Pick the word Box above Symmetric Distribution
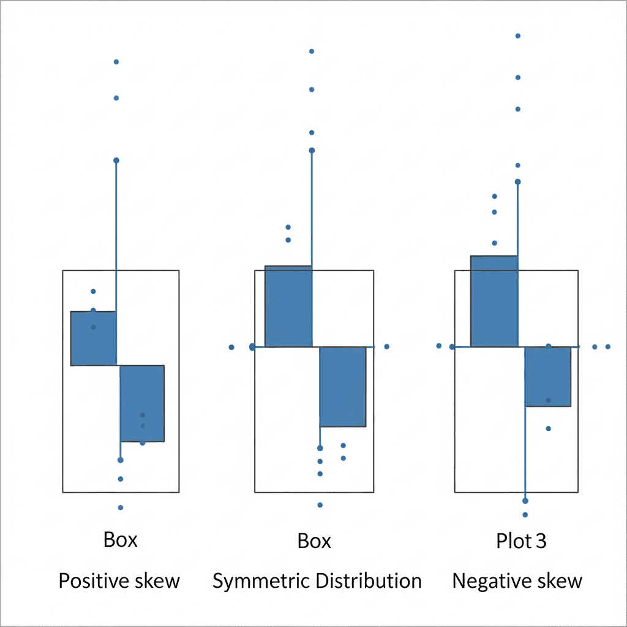(314, 541)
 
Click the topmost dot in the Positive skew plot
(116, 62)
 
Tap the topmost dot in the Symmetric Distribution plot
(312, 51)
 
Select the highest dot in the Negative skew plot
(518, 36)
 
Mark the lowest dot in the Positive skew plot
(121, 508)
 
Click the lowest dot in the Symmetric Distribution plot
(320, 505)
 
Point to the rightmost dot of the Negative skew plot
(608, 347)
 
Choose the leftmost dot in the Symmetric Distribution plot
(231, 347)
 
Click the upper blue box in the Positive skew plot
(94, 339)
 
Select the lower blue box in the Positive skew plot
(142, 403)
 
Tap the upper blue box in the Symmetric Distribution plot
(288, 306)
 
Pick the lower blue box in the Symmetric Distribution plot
(343, 386)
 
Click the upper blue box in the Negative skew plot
(494, 301)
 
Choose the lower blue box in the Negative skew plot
(548, 377)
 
